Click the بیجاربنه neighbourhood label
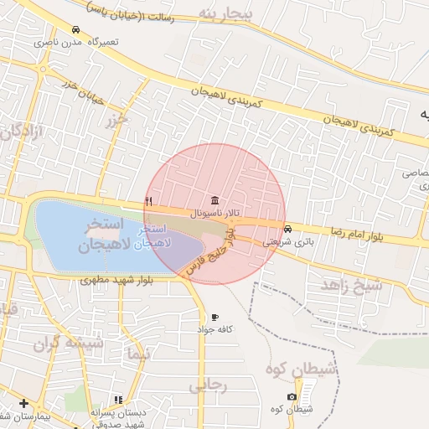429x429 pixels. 225,15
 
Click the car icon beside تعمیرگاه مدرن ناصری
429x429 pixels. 76,29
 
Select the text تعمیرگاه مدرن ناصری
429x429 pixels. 76,41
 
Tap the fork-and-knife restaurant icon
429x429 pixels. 149,200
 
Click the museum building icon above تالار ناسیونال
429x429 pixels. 216,201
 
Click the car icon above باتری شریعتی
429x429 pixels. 288,229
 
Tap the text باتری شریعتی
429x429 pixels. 288,241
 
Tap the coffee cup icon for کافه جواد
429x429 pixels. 215,318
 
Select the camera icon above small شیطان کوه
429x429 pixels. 292,396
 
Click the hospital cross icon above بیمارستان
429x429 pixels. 23,403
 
